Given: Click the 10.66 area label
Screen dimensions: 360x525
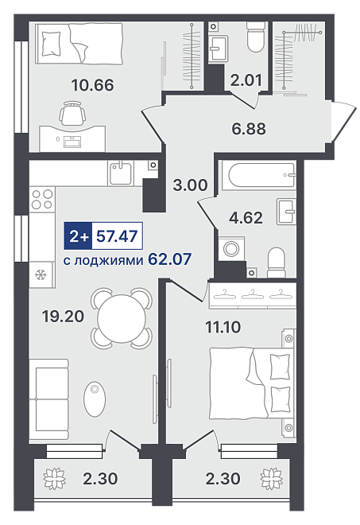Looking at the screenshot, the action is [x=93, y=85].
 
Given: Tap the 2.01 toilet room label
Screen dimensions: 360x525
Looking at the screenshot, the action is [x=246, y=80].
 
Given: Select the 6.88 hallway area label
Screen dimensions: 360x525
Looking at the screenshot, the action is [x=249, y=128].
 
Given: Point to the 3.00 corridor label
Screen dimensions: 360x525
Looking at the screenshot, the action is [x=191, y=185].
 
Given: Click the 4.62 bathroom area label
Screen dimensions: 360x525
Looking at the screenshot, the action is [x=246, y=218].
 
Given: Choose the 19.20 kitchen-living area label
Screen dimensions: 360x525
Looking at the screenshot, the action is [x=63, y=316].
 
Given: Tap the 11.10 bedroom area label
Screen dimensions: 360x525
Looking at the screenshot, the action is [x=223, y=327].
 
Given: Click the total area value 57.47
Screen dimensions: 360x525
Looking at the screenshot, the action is [x=117, y=236].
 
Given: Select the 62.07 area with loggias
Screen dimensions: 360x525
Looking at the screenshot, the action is [x=169, y=259].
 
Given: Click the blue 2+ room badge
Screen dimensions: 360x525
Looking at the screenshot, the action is [x=78, y=236].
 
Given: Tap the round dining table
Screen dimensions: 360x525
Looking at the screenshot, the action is [x=122, y=318].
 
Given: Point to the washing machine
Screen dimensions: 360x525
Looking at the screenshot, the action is [x=231, y=248].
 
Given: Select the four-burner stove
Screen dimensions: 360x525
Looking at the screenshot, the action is [x=42, y=199].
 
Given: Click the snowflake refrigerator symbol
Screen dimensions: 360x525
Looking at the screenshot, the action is [x=41, y=275].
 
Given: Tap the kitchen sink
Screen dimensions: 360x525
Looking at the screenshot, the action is [x=121, y=173].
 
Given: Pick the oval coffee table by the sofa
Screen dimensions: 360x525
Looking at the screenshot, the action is [x=95, y=399].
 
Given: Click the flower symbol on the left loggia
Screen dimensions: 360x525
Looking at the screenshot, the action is [x=54, y=478].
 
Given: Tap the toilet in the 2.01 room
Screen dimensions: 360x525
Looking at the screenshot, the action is [x=256, y=37].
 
